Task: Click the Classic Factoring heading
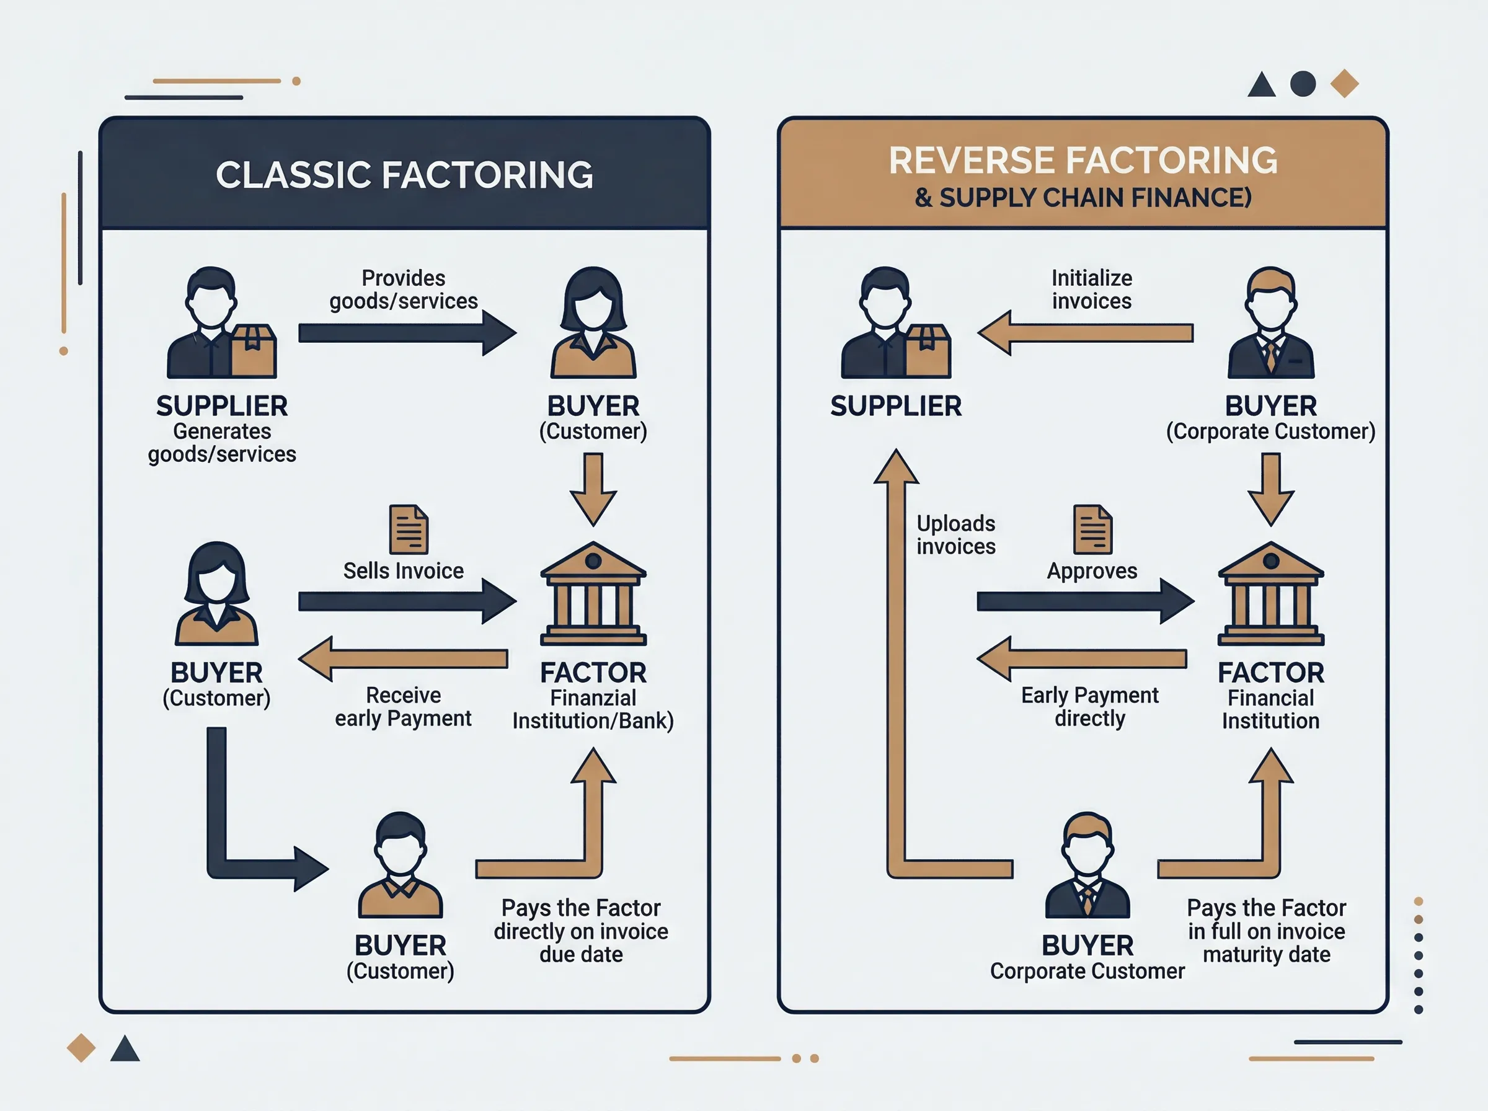[x=404, y=175]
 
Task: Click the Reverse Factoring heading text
[x=1083, y=160]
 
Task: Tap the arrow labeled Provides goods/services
[x=407, y=333]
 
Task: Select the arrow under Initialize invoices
[x=1085, y=333]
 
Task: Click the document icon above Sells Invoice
[x=409, y=529]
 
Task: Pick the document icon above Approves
[x=1092, y=529]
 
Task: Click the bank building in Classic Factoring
[x=593, y=593]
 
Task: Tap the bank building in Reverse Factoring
[x=1271, y=593]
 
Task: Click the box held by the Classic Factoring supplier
[x=254, y=351]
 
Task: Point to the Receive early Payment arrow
[x=402, y=659]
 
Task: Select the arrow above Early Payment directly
[x=1081, y=659]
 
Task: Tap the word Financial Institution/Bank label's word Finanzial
[x=593, y=698]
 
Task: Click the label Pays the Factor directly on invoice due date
[x=581, y=931]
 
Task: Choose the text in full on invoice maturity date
[x=1267, y=943]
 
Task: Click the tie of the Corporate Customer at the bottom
[x=1087, y=898]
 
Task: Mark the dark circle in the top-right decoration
[x=1303, y=84]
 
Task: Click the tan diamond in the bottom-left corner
[x=81, y=1048]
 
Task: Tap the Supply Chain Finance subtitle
[x=1083, y=198]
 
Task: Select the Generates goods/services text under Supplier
[x=222, y=443]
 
